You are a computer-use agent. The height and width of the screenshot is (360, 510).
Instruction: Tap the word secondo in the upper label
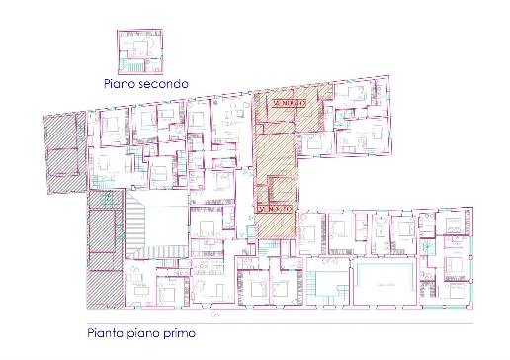(163, 86)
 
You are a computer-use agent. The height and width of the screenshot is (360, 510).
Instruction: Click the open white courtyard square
(155, 230)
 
